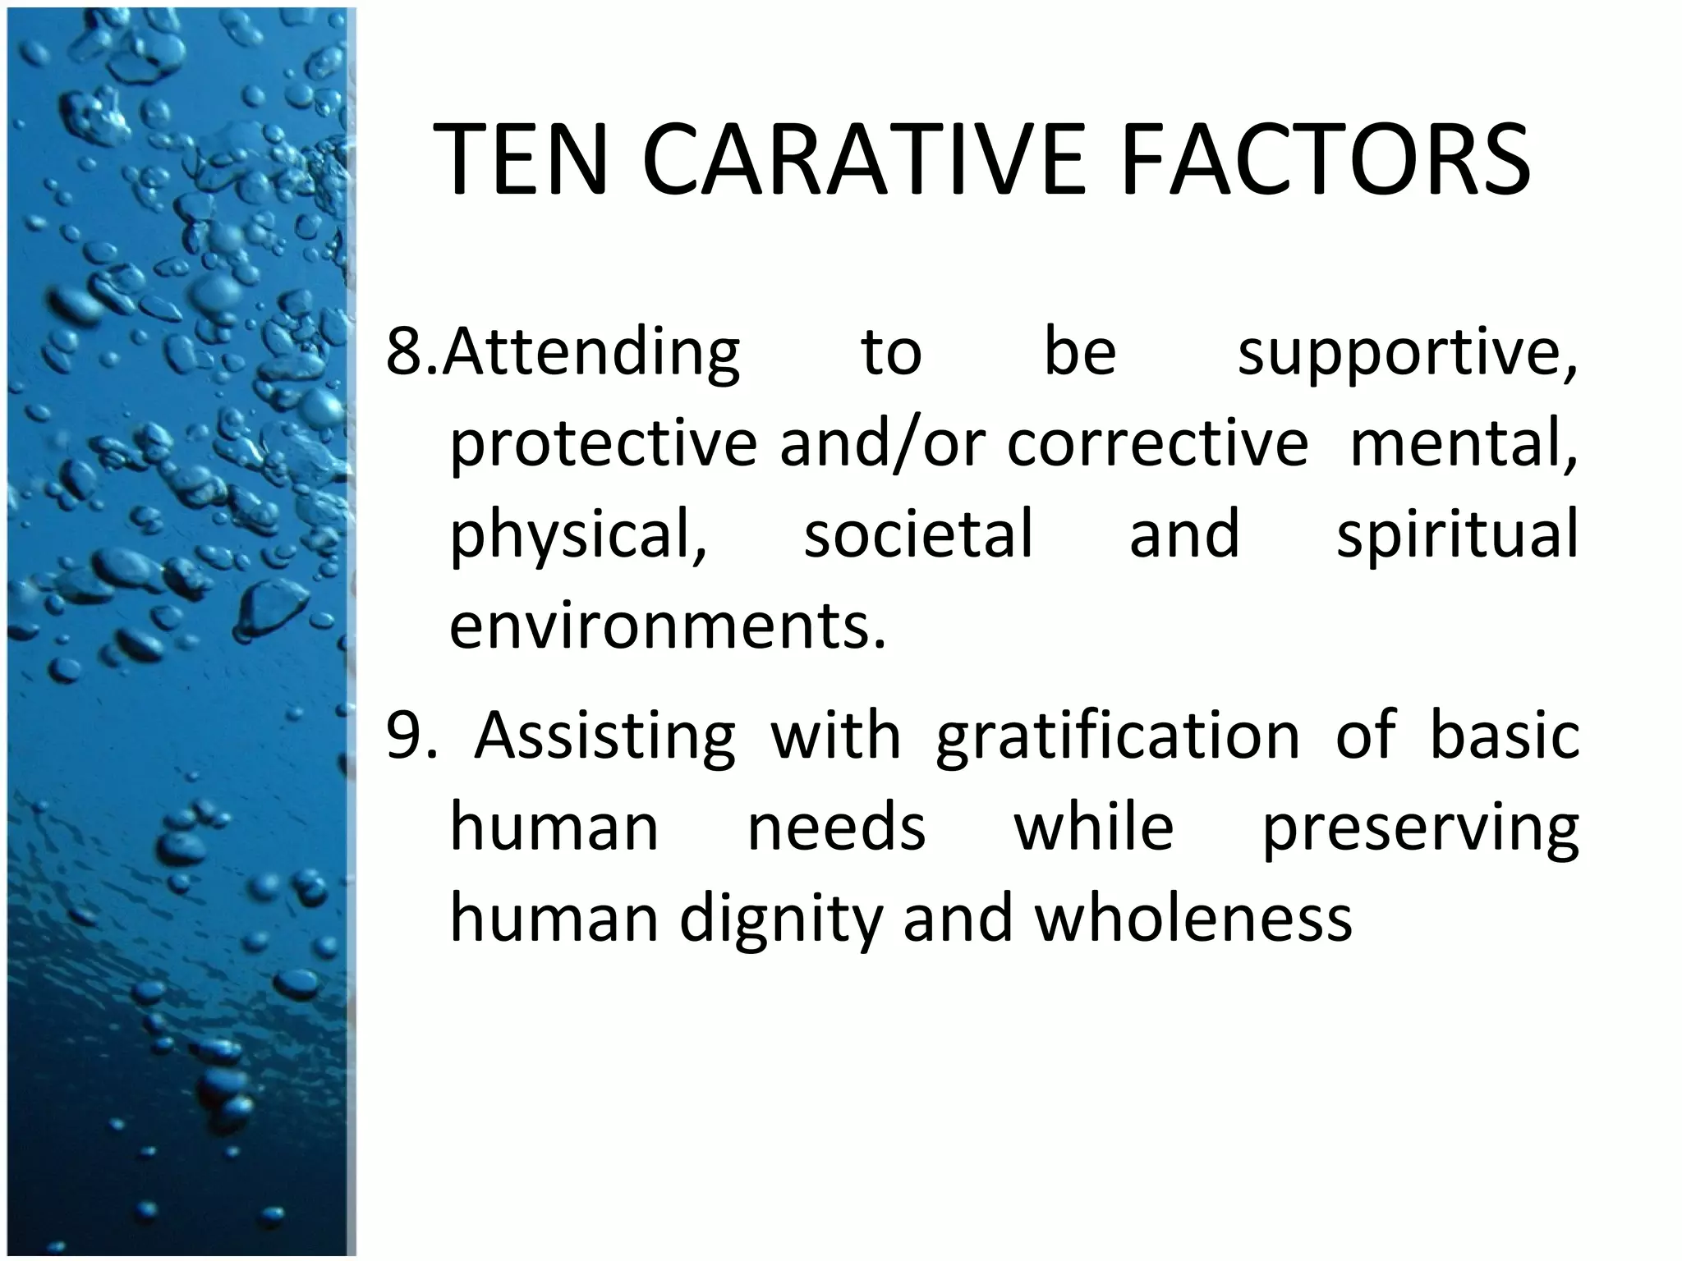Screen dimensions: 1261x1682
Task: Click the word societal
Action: (x=917, y=534)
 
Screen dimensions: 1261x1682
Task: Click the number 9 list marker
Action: (x=404, y=735)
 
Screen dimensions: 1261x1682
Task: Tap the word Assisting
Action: (x=604, y=736)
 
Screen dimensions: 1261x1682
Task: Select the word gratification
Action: (x=1118, y=736)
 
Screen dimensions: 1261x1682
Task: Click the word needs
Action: (x=836, y=827)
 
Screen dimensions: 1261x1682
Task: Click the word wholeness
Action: (x=1193, y=917)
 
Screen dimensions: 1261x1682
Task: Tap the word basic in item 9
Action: (x=1505, y=735)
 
